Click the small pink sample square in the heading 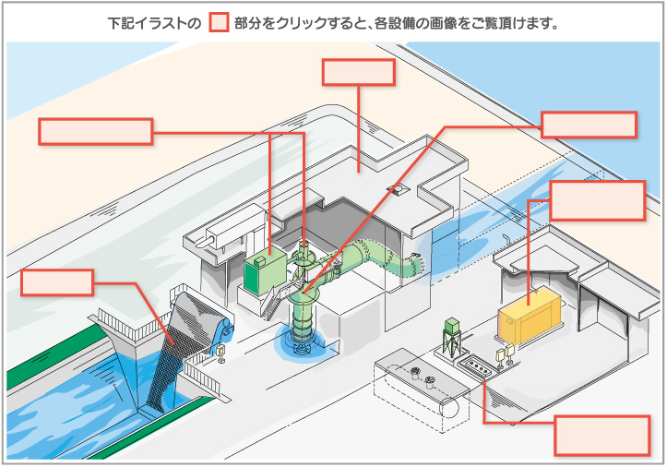click(219, 23)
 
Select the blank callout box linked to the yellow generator click(598, 200)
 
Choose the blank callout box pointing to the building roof click(359, 72)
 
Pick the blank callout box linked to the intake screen click(57, 282)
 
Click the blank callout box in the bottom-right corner click(602, 436)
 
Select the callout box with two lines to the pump click(96, 132)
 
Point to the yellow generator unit click(530, 315)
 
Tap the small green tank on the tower click(452, 326)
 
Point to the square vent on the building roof click(398, 189)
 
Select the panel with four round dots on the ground click(477, 365)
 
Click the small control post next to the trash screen click(220, 353)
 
